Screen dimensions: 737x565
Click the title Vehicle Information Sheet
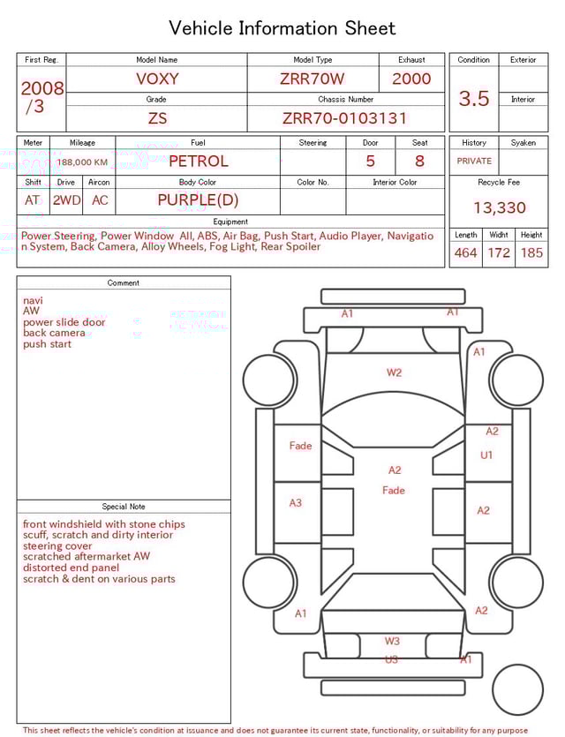click(x=282, y=28)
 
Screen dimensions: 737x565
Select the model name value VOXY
click(x=157, y=79)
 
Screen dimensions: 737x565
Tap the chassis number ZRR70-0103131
click(x=345, y=118)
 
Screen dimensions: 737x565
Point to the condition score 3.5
click(x=474, y=99)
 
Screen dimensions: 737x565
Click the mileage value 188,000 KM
click(x=83, y=162)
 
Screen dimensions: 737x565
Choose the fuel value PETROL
click(x=198, y=162)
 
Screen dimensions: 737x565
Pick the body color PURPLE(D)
click(x=198, y=200)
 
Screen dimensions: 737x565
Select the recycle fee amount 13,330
click(x=499, y=208)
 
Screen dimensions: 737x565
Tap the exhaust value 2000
click(x=411, y=79)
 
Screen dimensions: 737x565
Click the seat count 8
click(x=419, y=162)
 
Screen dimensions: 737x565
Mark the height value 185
click(x=531, y=253)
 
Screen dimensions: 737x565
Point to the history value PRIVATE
click(x=474, y=162)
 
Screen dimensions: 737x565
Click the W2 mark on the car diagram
click(x=394, y=372)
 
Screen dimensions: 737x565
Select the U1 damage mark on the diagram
click(x=486, y=455)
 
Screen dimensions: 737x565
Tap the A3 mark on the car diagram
click(x=296, y=503)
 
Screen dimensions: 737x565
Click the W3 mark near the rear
click(x=392, y=642)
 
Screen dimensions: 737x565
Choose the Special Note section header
click(x=124, y=507)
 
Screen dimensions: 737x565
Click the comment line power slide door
click(x=64, y=323)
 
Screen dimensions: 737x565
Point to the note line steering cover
click(x=59, y=546)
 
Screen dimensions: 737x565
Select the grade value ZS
click(x=157, y=118)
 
